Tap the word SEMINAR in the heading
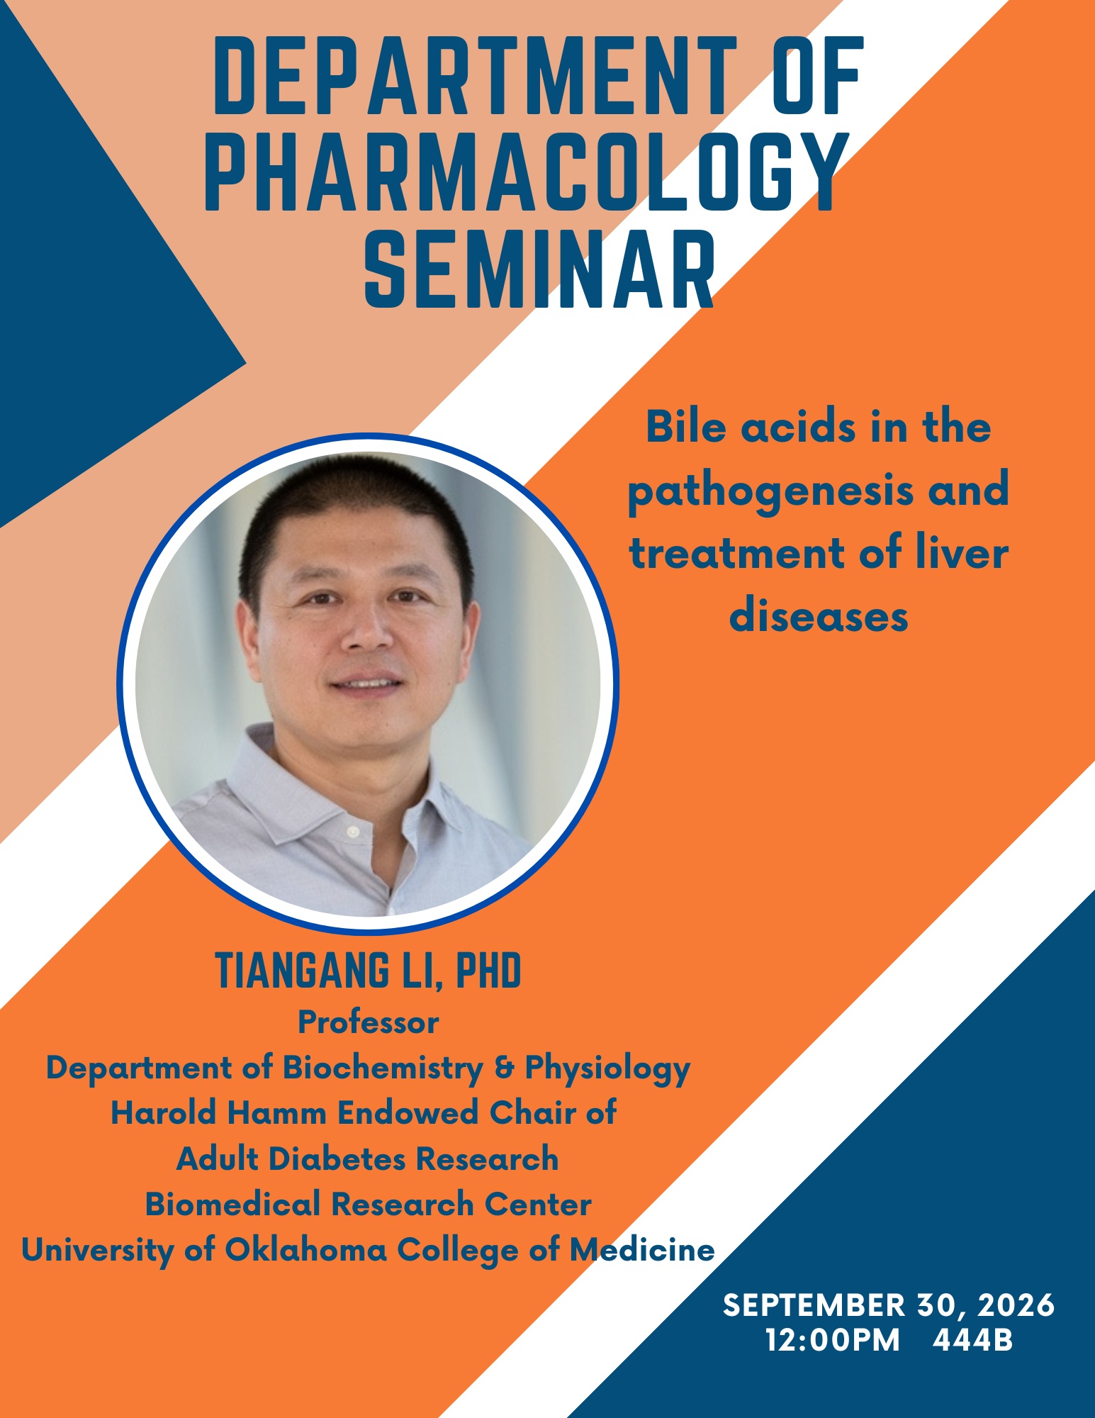(540, 270)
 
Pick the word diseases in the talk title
(819, 615)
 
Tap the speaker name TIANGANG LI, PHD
(368, 971)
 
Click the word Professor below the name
(368, 1022)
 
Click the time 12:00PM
(832, 1341)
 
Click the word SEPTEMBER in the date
(814, 1305)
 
